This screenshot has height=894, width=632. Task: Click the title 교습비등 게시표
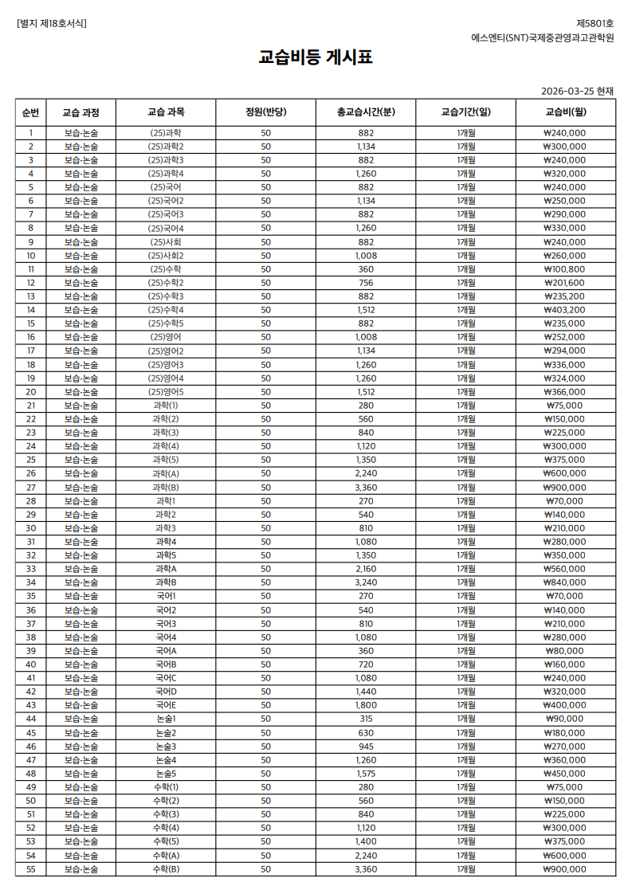[x=316, y=57]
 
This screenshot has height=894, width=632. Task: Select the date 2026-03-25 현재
[x=577, y=91]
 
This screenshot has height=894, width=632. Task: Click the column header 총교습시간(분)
[x=365, y=112]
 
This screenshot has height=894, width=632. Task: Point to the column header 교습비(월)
[x=565, y=112]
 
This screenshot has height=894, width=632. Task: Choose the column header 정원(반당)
[x=265, y=112]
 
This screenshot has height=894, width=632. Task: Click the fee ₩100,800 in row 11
[x=565, y=269]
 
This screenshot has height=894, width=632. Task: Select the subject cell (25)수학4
[x=166, y=310]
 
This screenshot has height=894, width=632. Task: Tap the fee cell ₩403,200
[x=565, y=310]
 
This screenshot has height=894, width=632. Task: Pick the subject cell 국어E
[x=166, y=705]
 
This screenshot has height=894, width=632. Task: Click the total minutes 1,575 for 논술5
[x=365, y=773]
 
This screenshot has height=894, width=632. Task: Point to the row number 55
[x=30, y=869]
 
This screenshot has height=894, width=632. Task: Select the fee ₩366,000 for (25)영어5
[x=565, y=392]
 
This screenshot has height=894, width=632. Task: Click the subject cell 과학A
[x=166, y=569]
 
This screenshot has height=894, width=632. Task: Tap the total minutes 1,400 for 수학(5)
[x=365, y=841]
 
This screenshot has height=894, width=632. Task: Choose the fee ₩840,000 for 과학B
[x=565, y=582]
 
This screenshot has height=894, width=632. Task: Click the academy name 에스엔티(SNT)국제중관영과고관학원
[x=542, y=37]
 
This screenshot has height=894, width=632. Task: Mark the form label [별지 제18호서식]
[x=52, y=23]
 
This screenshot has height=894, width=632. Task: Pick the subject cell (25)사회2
[x=166, y=256]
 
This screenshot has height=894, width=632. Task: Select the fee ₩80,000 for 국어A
[x=565, y=650]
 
